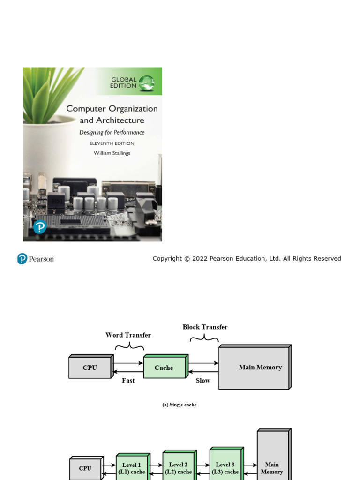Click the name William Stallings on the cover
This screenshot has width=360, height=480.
(x=112, y=153)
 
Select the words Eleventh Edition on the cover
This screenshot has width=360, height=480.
(x=112, y=143)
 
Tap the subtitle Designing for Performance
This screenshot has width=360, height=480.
(x=112, y=133)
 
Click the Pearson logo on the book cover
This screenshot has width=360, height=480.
(x=40, y=227)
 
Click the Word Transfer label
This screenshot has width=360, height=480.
(x=128, y=335)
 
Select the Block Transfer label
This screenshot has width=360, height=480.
(x=205, y=327)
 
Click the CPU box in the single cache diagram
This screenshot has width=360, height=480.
(x=90, y=367)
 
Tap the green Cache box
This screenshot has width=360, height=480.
(x=164, y=367)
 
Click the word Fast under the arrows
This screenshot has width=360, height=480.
(x=128, y=381)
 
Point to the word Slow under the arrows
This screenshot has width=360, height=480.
(x=203, y=381)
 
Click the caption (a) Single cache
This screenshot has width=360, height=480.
(x=180, y=405)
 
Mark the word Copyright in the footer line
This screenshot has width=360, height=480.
(x=167, y=259)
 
